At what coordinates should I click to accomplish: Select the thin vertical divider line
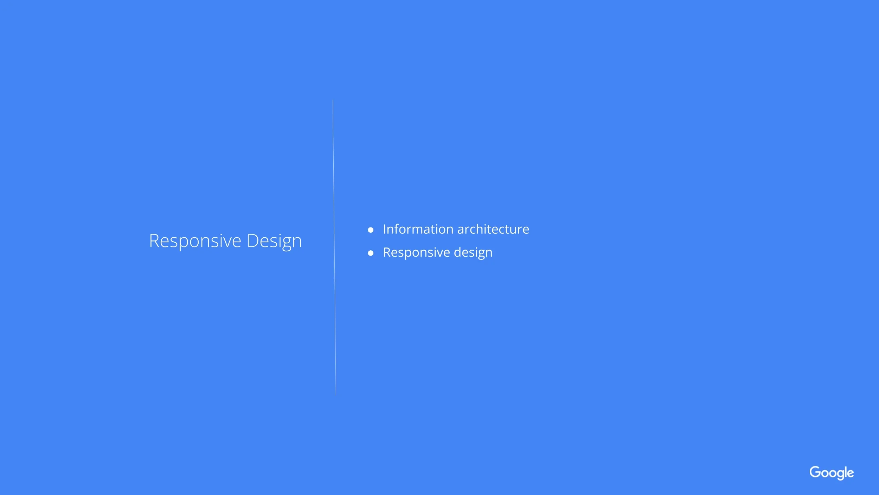[334, 247]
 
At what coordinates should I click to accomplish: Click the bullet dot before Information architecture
[371, 230]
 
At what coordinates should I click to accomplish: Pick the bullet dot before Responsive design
[371, 253]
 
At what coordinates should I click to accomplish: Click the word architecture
[493, 230]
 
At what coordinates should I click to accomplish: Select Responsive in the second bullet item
[416, 253]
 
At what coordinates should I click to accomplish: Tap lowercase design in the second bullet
[473, 253]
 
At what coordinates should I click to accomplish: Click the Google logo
[832, 473]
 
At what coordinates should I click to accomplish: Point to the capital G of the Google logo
[815, 472]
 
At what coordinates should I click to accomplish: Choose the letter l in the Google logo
[846, 472]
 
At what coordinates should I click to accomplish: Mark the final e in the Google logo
[851, 474]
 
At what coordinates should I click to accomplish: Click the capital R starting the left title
[155, 241]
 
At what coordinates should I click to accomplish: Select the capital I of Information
[384, 229]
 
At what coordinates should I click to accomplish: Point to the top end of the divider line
[333, 100]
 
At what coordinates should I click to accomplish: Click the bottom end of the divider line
[336, 395]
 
